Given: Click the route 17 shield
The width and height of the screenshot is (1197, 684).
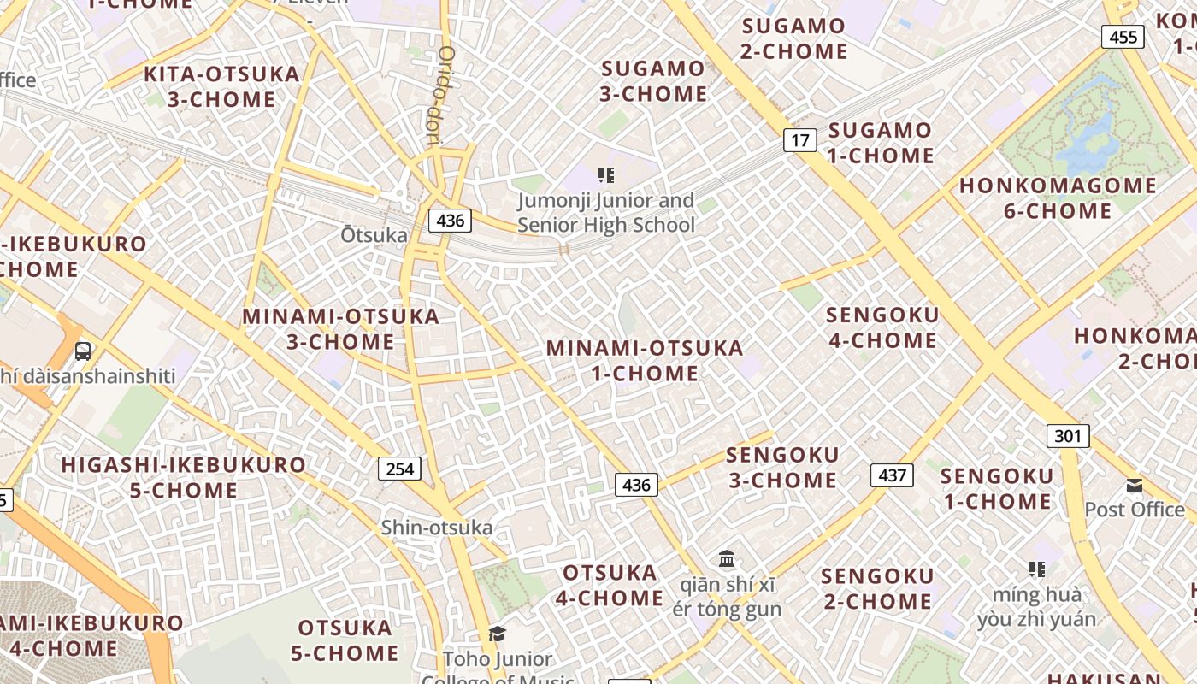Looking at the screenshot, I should click(799, 139).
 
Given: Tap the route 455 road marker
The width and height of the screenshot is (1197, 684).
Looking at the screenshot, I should click(1123, 37).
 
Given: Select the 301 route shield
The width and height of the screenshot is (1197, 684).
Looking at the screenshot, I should click(1068, 436).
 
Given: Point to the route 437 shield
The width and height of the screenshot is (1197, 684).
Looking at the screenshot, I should click(892, 475).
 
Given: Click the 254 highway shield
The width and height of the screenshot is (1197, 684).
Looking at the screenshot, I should click(399, 469).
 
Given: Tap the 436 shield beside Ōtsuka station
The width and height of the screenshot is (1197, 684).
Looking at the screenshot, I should click(450, 221).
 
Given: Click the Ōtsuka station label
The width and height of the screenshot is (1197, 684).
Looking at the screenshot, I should click(374, 234).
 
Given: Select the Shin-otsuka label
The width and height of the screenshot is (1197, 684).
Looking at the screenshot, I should click(437, 528).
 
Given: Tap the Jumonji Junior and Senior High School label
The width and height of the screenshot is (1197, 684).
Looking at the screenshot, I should click(606, 213).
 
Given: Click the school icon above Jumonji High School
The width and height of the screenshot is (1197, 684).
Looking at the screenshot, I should click(606, 176).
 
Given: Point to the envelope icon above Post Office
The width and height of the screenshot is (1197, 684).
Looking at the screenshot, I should click(1135, 486).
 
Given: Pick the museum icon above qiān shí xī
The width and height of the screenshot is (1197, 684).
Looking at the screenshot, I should click(727, 559).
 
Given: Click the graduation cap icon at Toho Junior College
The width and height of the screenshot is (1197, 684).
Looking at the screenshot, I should click(497, 634).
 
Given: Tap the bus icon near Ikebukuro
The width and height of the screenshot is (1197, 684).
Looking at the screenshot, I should click(83, 351).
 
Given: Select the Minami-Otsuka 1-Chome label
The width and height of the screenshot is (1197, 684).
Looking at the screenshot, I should click(645, 361).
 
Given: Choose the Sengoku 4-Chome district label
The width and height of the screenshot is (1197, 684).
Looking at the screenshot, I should click(882, 327).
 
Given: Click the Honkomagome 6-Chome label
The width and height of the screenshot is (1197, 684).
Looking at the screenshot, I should click(1058, 198).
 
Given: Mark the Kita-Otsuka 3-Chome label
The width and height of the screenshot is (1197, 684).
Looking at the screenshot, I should click(221, 86).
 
